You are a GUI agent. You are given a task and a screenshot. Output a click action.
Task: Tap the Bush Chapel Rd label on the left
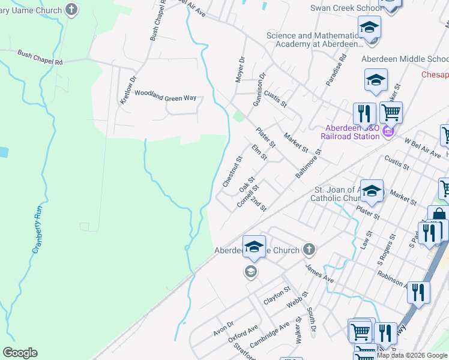pyautogui.click(x=40, y=58)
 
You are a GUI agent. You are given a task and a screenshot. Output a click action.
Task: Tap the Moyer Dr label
pyautogui.click(x=240, y=69)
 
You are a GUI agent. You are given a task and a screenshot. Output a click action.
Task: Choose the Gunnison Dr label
pyautogui.click(x=259, y=90)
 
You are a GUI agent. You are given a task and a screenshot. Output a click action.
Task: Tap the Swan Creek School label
pyautogui.click(x=345, y=8)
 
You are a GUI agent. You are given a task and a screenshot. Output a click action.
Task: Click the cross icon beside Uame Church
pyautogui.click(x=71, y=10)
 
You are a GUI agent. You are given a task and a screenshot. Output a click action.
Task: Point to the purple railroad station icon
pyautogui.click(x=388, y=131)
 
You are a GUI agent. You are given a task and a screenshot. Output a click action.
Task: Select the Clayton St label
pyautogui.click(x=277, y=295)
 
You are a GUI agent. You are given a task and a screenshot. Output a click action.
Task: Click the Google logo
pyautogui.click(x=20, y=353)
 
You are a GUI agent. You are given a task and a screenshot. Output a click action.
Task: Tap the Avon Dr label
pyautogui.click(x=223, y=328)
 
